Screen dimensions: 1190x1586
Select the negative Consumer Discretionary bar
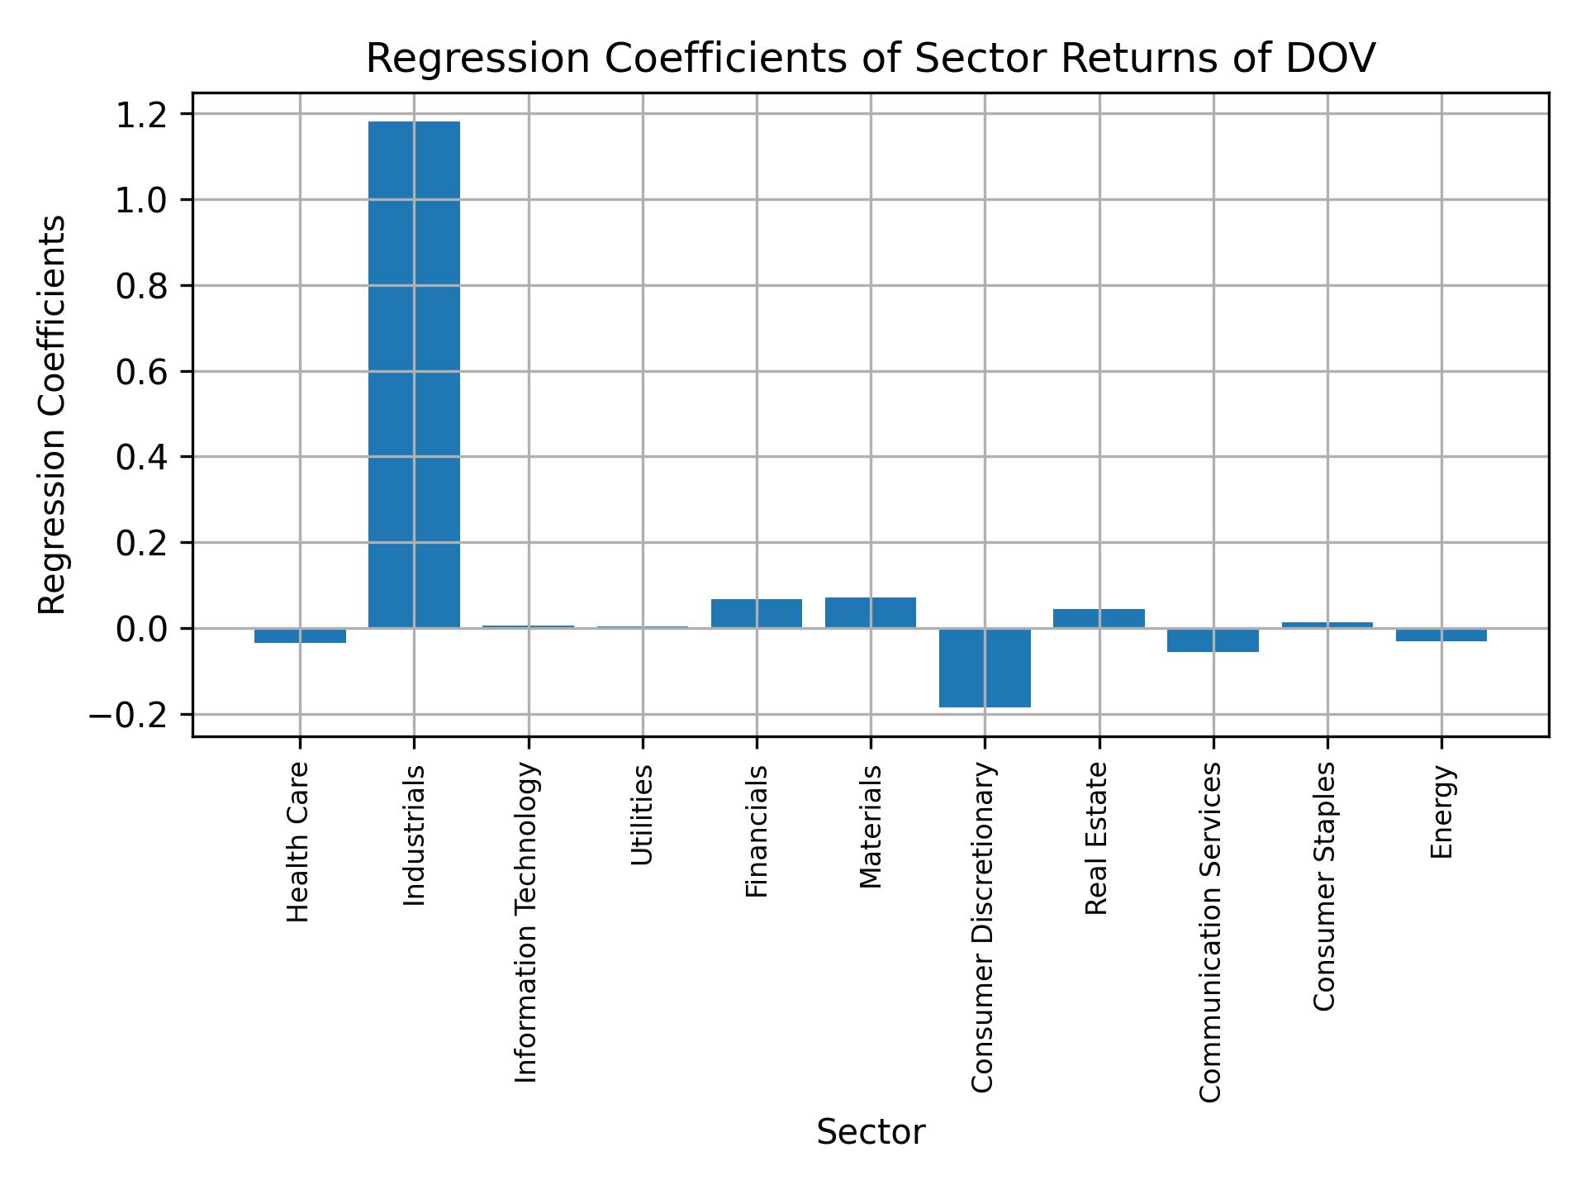[x=985, y=668]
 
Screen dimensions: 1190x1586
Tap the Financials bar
[x=756, y=614]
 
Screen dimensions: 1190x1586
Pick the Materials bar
[x=871, y=613]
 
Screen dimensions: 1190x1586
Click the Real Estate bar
[x=1099, y=619]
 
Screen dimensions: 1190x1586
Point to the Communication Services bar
[x=1213, y=640]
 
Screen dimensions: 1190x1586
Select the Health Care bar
[x=300, y=635]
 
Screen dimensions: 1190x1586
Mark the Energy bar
[x=1441, y=635]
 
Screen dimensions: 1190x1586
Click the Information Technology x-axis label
[x=527, y=922]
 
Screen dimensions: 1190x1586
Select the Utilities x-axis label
[x=642, y=815]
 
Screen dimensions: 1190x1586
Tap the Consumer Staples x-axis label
[x=1324, y=886]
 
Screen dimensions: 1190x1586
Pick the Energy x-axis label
[x=1441, y=812]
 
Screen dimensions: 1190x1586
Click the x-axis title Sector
[x=871, y=1132]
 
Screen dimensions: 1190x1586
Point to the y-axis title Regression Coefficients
[x=53, y=415]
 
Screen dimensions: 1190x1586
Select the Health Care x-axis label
[x=297, y=842]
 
